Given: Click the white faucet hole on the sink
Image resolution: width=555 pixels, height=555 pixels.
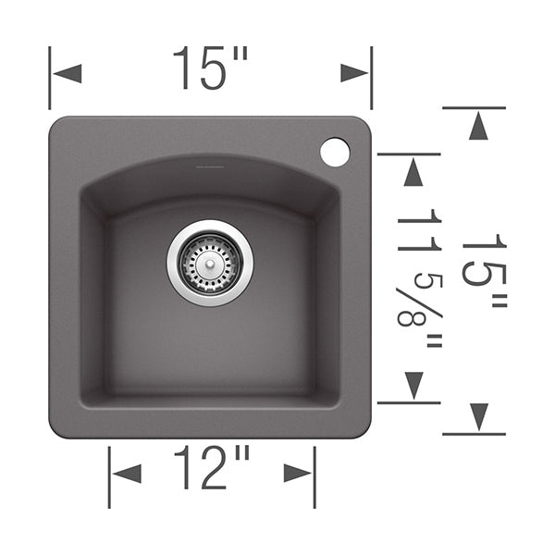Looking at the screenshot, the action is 335,153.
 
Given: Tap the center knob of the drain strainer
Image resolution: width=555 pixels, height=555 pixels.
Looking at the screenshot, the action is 210,264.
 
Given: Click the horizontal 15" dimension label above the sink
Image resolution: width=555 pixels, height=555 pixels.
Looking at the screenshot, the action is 210,68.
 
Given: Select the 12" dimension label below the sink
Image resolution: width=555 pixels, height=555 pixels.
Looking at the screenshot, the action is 212,467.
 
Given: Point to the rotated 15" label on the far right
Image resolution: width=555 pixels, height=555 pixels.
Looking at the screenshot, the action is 485,271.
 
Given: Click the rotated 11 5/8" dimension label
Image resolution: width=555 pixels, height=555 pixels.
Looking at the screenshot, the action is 420,278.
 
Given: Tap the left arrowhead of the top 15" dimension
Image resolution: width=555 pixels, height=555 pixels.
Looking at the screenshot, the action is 68,74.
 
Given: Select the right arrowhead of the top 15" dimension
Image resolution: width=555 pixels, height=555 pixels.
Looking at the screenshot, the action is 354,73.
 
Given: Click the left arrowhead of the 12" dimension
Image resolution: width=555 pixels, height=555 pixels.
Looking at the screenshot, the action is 127,474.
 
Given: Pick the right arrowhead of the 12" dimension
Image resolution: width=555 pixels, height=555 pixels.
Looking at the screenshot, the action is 298,474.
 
